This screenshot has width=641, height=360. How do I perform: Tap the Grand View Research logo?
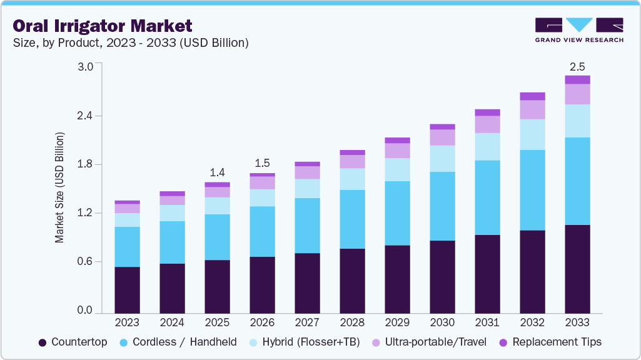pos(579,30)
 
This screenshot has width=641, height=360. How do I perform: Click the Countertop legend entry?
pos(73,342)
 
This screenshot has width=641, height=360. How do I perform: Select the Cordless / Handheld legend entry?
pos(177,342)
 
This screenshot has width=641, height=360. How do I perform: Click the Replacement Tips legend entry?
pos(550,342)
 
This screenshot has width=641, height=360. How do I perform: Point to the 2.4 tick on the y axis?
pos(84,116)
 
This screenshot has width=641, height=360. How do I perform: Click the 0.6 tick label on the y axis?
pos(84,262)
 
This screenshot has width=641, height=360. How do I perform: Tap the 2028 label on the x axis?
pos(352,322)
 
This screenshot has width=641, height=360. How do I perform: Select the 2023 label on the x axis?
pos(127,322)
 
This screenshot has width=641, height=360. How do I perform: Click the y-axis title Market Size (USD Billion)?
pos(60,187)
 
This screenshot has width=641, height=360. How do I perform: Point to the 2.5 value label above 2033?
pos(577,66)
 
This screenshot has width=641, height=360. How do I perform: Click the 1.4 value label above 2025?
pos(217,172)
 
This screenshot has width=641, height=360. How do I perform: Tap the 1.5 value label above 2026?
pos(262,163)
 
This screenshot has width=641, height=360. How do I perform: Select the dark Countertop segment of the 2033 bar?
pos(577,269)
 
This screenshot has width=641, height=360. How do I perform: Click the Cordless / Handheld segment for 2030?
pos(442,206)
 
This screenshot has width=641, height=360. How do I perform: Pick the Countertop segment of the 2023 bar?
pos(127,289)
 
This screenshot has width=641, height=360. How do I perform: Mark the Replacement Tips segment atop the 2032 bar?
pos(532,96)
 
